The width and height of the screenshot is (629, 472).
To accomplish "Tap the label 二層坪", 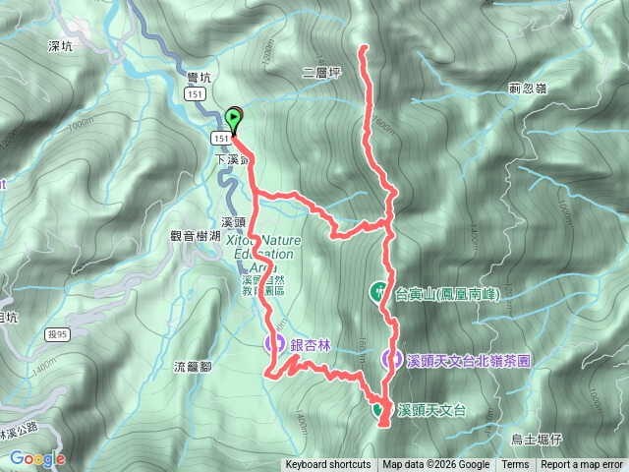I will (321, 72).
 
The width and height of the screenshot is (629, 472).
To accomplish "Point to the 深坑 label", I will (61, 45).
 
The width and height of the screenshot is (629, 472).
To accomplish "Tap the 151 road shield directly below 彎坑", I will (196, 92).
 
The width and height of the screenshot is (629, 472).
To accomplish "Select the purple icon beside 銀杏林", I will (275, 344).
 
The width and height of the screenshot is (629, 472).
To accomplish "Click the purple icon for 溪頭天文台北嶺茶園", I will (393, 360).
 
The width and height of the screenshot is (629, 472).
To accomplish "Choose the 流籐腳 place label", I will (193, 367).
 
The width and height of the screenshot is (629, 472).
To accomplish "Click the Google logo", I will (37, 458).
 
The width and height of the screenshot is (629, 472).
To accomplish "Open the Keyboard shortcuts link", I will (328, 465).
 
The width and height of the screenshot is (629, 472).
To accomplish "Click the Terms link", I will (515, 465).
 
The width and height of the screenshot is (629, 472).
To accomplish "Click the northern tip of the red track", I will (366, 47).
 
